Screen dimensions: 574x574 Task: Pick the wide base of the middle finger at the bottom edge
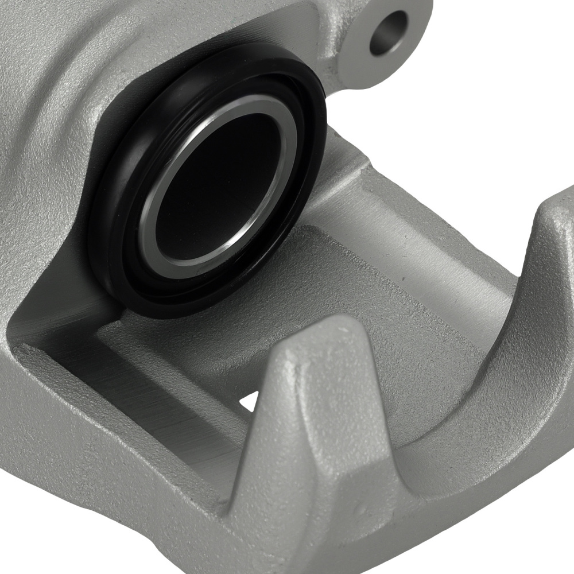(x=321, y=545)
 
